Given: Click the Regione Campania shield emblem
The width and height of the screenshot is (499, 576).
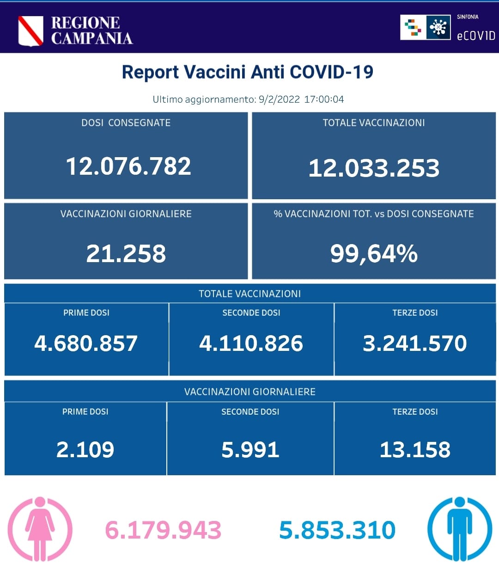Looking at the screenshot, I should coord(30,31).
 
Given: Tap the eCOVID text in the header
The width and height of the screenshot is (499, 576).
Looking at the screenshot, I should coord(475,36).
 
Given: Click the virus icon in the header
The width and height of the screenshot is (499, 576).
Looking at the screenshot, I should coord(438,27).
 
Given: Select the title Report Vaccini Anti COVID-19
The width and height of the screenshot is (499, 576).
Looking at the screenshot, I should coord(247,72).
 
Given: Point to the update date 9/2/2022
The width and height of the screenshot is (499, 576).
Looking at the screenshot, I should coord(279,99).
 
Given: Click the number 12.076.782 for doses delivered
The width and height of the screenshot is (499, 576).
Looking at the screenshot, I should coord(128,166).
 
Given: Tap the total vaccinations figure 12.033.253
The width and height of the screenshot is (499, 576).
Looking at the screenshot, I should coord(374,168).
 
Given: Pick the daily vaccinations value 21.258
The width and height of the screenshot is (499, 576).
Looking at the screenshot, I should coord(126,254).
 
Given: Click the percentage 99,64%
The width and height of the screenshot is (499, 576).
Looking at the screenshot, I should coord(374,254).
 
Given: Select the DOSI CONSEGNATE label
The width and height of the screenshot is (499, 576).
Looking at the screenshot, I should coord(126,123).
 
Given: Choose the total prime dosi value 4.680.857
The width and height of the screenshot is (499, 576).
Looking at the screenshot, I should coord(86,343).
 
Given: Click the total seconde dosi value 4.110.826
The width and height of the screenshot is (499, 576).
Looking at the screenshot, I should coord(251,343).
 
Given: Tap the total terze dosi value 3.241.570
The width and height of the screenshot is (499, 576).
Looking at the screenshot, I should coord(414,343).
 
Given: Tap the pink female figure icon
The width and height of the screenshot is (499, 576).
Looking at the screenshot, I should coord(40,529).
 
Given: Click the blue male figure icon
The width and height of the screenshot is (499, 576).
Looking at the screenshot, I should coord(459,529).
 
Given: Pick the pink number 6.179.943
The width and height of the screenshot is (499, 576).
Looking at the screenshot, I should coord(163,530).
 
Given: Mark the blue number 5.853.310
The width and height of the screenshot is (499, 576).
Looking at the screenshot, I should coord(337,530).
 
